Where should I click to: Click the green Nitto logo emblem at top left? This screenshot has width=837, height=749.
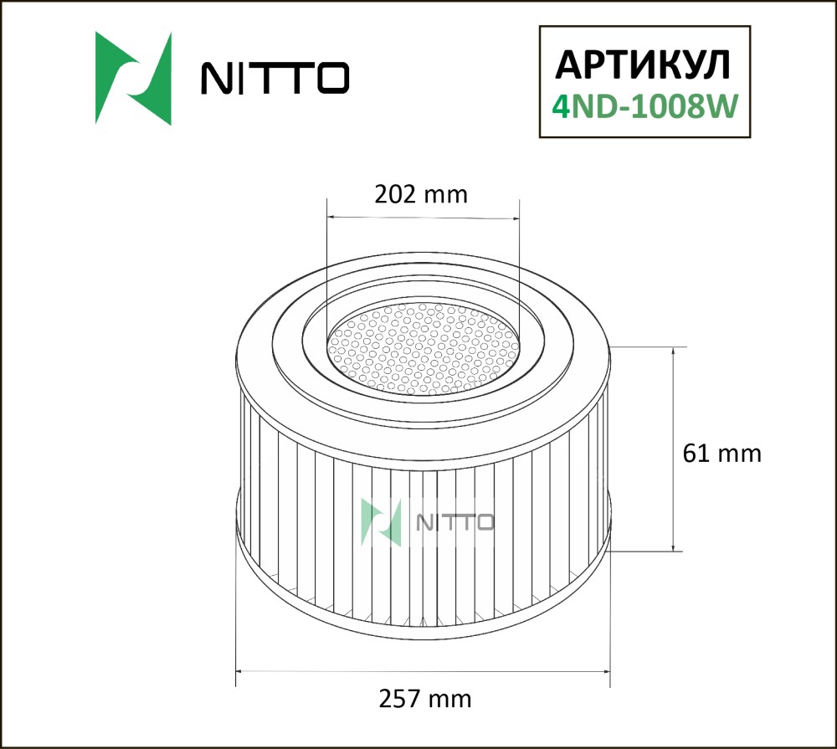[133, 78]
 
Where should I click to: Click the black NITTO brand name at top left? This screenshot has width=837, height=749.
[275, 78]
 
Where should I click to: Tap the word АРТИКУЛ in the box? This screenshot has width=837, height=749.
[643, 65]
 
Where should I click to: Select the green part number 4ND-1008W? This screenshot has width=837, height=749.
[644, 105]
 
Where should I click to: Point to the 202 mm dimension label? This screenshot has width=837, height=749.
[421, 194]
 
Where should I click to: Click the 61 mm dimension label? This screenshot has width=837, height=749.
[721, 454]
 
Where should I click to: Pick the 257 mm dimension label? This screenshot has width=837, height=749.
[425, 698]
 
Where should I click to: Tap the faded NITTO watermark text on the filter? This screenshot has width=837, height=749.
[454, 522]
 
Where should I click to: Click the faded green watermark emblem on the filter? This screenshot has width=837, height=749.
[381, 522]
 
